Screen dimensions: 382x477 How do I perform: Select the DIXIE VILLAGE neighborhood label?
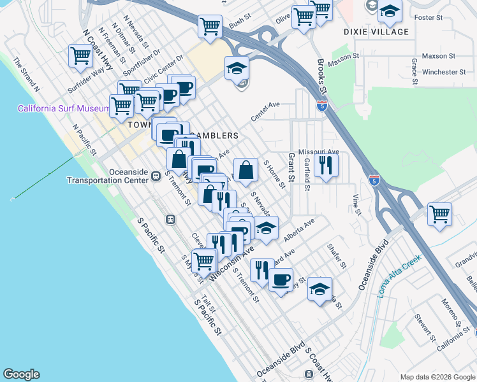376,32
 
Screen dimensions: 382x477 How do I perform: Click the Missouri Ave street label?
320,152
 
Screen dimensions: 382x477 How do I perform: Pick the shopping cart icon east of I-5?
439,214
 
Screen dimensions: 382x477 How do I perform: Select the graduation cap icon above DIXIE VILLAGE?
389,11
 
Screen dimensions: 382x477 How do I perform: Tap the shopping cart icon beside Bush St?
210,26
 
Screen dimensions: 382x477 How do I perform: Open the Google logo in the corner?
21,374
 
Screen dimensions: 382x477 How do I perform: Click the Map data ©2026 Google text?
437,376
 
